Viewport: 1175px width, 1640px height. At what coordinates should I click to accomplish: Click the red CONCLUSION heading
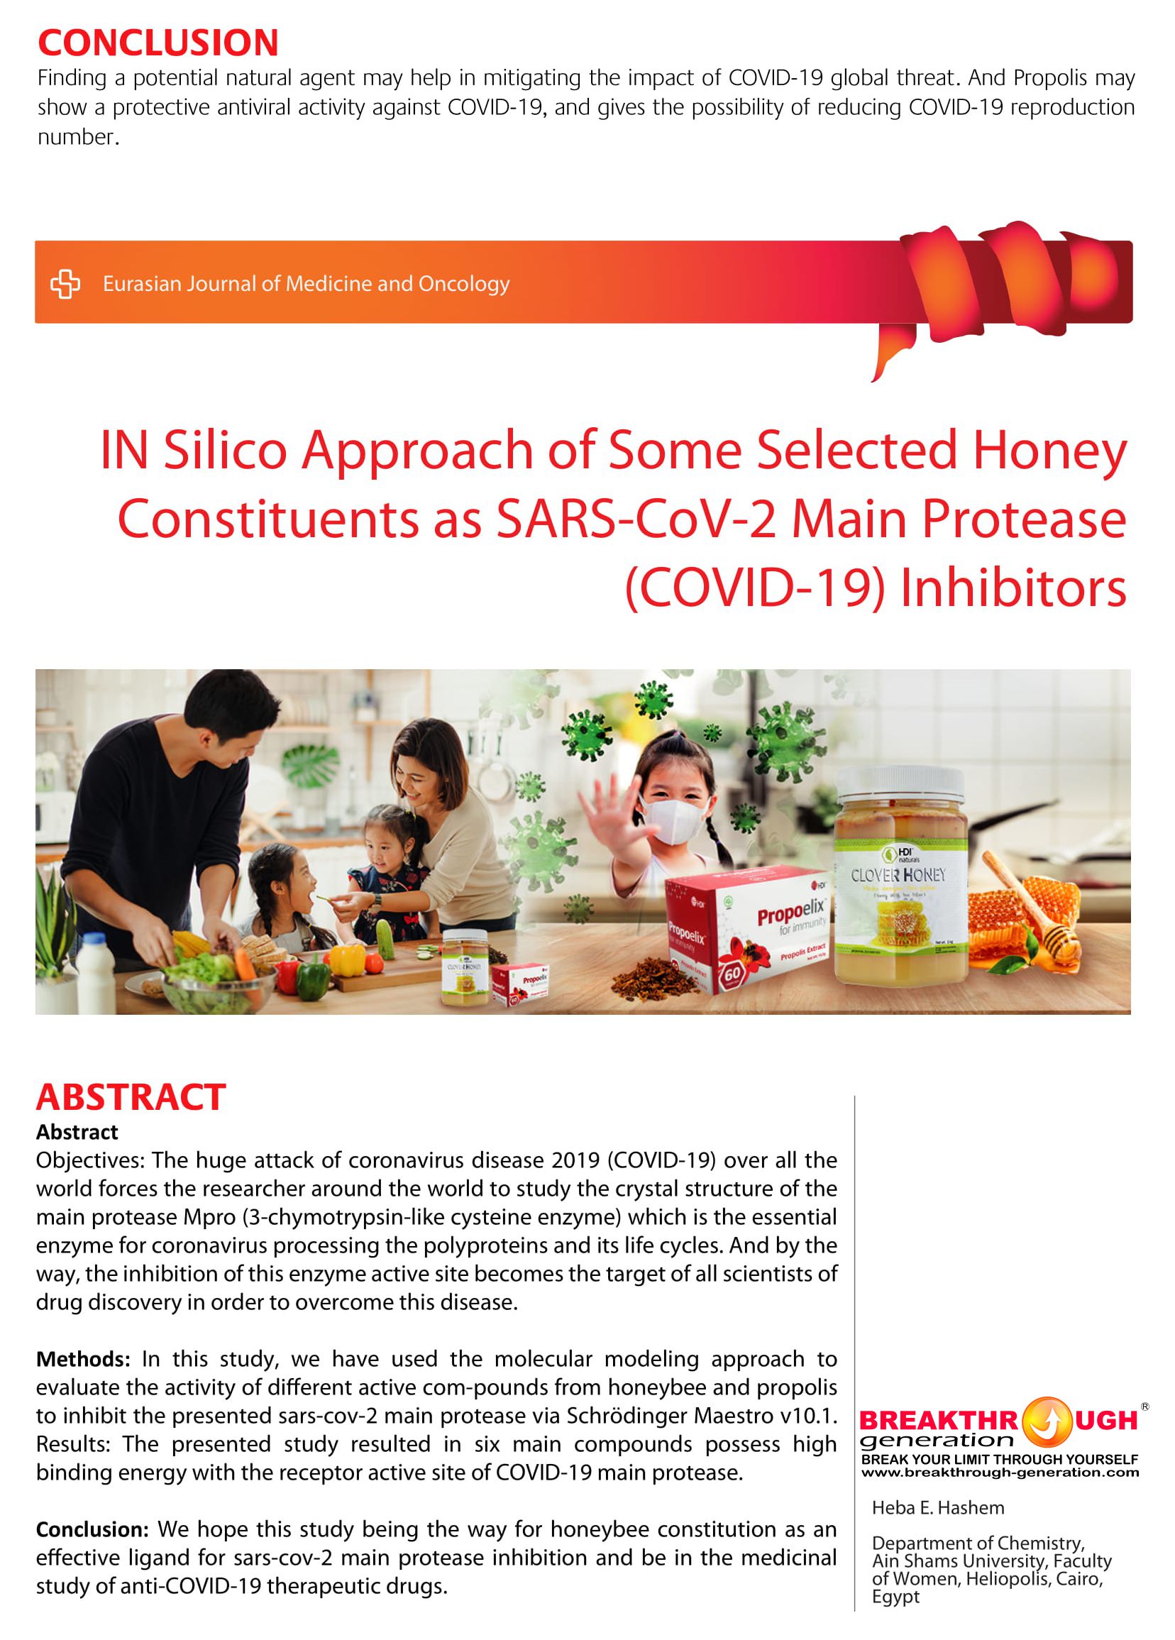click(x=158, y=43)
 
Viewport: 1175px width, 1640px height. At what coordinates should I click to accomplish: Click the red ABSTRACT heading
click(x=131, y=1097)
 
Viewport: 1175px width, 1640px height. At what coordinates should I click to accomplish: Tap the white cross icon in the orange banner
click(x=65, y=283)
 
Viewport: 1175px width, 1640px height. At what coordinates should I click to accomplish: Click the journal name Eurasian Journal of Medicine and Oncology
click(x=306, y=283)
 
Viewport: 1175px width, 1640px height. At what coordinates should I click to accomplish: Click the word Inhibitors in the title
click(x=1013, y=588)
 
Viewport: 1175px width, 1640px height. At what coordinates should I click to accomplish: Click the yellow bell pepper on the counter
click(x=347, y=959)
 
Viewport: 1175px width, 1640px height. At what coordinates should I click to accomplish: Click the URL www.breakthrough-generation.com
click(x=1000, y=1473)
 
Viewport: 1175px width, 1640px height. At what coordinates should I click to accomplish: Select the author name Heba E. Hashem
click(x=938, y=1508)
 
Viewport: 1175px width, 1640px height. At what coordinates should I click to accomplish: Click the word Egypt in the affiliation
click(x=895, y=1597)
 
